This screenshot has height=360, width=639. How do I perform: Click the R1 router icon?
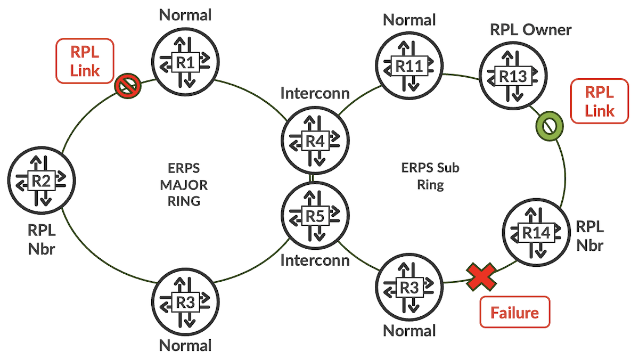click(x=185, y=62)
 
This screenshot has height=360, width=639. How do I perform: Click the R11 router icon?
click(x=408, y=66)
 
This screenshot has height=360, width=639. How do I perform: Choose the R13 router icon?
click(x=513, y=76)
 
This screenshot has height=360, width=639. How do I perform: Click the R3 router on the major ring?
click(x=185, y=301)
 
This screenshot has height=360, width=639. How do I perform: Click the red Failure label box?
click(x=514, y=312)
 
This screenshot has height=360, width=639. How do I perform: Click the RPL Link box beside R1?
click(x=85, y=61)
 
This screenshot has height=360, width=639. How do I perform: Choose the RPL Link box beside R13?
click(x=599, y=101)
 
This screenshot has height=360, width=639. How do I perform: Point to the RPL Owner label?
click(x=530, y=30)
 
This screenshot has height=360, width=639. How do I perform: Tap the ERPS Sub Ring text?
click(x=430, y=177)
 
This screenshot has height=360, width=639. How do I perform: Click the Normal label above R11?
click(x=409, y=20)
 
